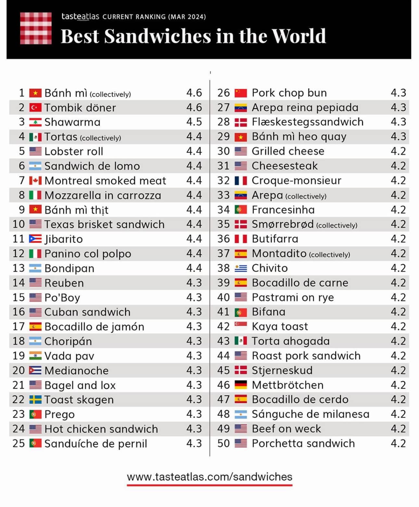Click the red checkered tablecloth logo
36,28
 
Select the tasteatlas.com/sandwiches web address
209,477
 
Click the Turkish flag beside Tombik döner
35,108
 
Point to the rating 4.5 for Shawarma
194,122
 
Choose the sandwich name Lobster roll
74,151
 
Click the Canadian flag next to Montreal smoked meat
35,180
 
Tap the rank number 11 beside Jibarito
19,239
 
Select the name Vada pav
69,356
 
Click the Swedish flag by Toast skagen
35,399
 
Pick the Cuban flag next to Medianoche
35,370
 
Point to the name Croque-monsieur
296,180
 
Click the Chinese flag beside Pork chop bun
241,93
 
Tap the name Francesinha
283,210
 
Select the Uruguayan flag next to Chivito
241,268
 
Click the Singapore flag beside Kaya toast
241,326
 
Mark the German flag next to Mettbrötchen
241,385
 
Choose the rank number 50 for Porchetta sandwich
223,443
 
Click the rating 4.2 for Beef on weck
398,429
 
